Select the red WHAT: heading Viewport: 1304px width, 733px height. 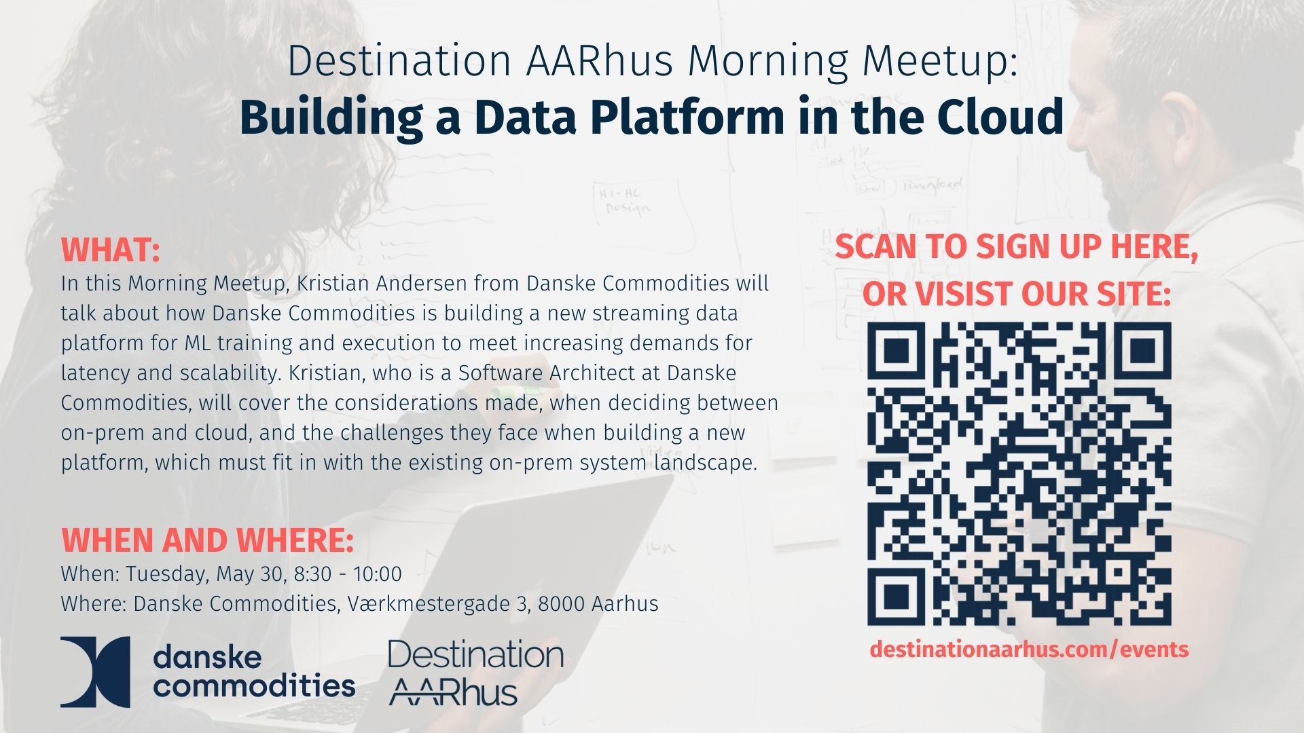[x=110, y=250]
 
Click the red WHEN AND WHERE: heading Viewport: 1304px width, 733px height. [x=207, y=540]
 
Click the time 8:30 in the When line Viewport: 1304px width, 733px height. [x=313, y=574]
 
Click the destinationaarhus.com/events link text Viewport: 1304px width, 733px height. [x=1029, y=649]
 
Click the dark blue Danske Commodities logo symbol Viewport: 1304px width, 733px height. [x=95, y=672]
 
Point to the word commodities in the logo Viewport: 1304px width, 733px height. [x=255, y=685]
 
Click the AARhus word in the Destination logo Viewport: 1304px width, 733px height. [x=454, y=692]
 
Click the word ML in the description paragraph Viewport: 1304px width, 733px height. [x=198, y=343]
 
